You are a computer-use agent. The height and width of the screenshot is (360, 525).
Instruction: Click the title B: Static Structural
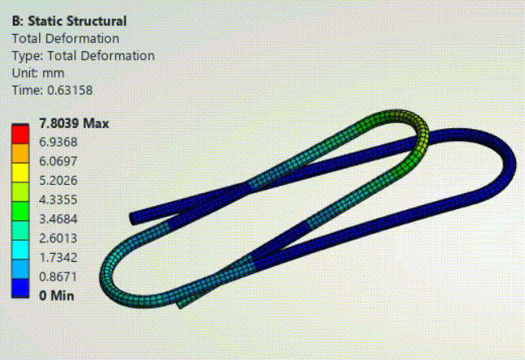tap(70, 21)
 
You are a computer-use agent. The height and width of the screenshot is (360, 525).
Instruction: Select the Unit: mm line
tap(38, 73)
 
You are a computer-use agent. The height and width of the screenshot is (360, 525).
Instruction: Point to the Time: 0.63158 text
tap(52, 90)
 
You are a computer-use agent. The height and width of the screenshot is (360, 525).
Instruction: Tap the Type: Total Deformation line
tap(83, 56)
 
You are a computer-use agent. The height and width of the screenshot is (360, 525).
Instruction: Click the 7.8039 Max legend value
tap(74, 123)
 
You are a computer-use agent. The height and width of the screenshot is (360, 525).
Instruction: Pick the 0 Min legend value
tap(57, 296)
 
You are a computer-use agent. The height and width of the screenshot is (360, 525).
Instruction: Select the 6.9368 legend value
tap(58, 142)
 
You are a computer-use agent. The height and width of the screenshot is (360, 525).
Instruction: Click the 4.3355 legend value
tap(58, 199)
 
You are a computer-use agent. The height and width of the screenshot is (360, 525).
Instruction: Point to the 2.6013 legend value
tap(58, 238)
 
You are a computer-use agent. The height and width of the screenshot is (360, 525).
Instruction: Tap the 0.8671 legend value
tap(58, 276)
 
